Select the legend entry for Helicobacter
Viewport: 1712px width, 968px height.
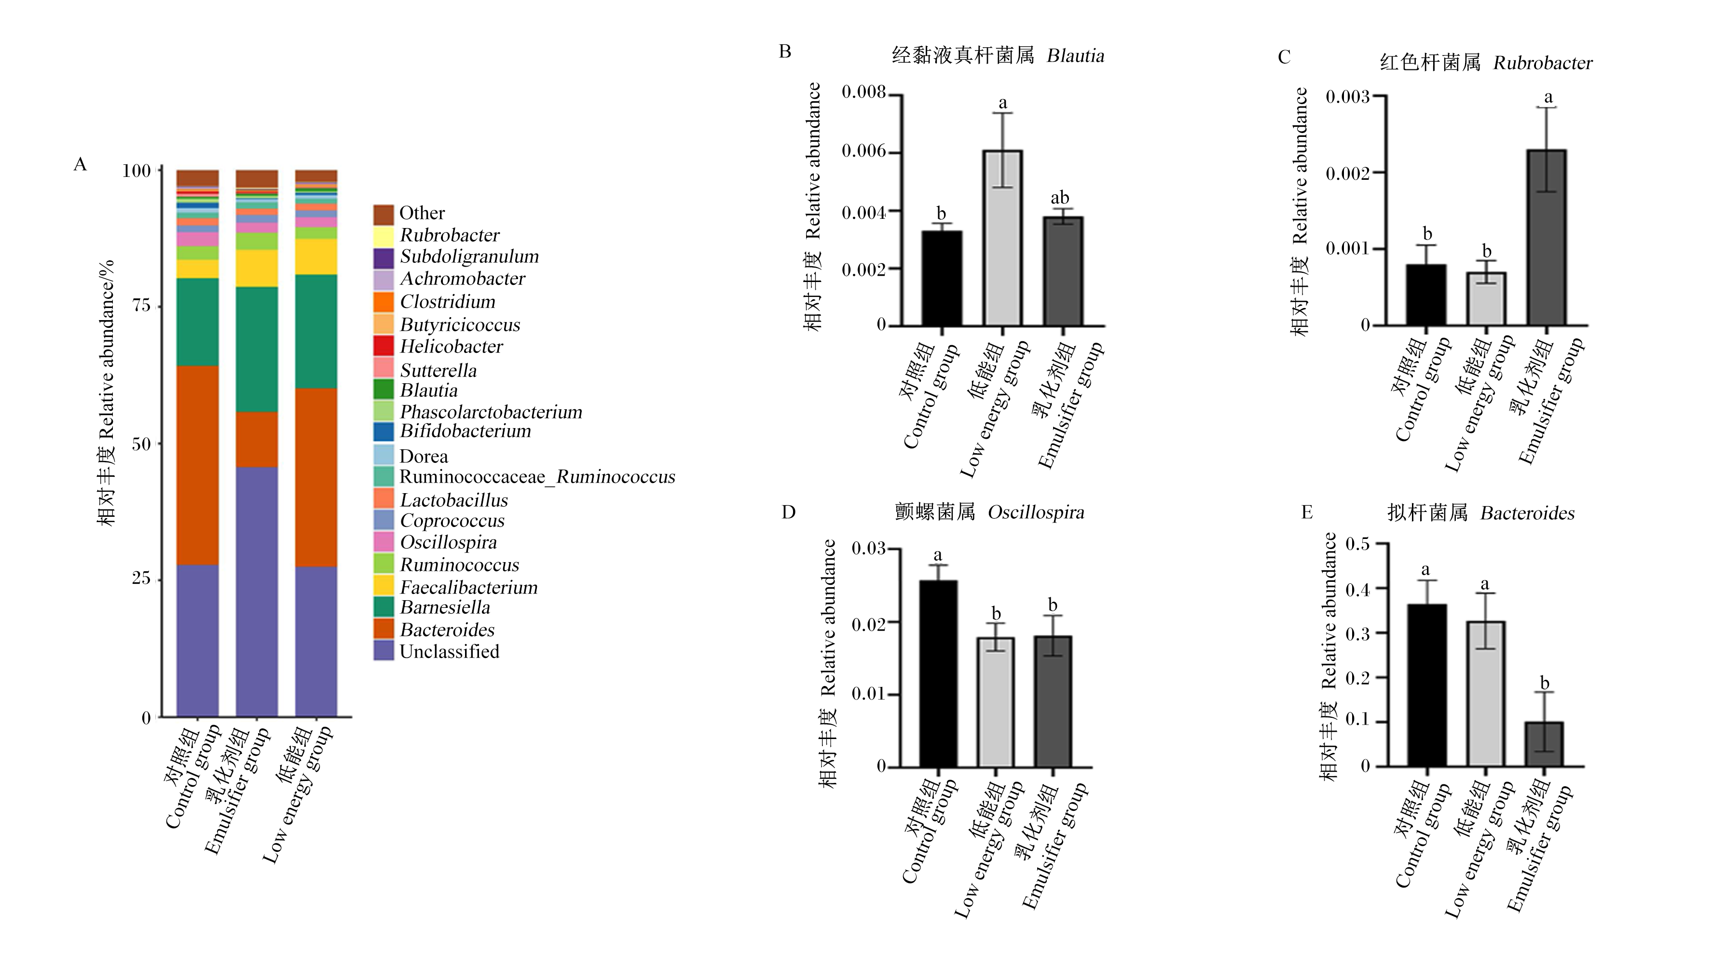pos(438,347)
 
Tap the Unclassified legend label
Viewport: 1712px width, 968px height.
pos(449,652)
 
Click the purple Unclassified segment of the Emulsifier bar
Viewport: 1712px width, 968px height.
pos(257,592)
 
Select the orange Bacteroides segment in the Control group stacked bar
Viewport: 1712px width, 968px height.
pos(198,465)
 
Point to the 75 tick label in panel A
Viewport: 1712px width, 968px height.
pos(141,306)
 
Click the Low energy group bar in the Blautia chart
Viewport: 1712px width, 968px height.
pos(1002,238)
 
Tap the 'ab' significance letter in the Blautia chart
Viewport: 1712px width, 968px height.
pos(1059,198)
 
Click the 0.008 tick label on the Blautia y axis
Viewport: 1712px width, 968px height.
pos(864,93)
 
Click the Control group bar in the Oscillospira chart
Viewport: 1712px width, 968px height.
pos(938,673)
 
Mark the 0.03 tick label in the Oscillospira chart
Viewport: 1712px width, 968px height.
pos(869,549)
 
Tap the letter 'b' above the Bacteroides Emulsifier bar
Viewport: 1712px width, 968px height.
pos(1545,684)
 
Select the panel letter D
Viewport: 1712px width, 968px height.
pos(788,512)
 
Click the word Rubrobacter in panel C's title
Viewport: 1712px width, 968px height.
pos(1542,63)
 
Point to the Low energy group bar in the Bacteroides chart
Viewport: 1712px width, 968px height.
pos(1486,694)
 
